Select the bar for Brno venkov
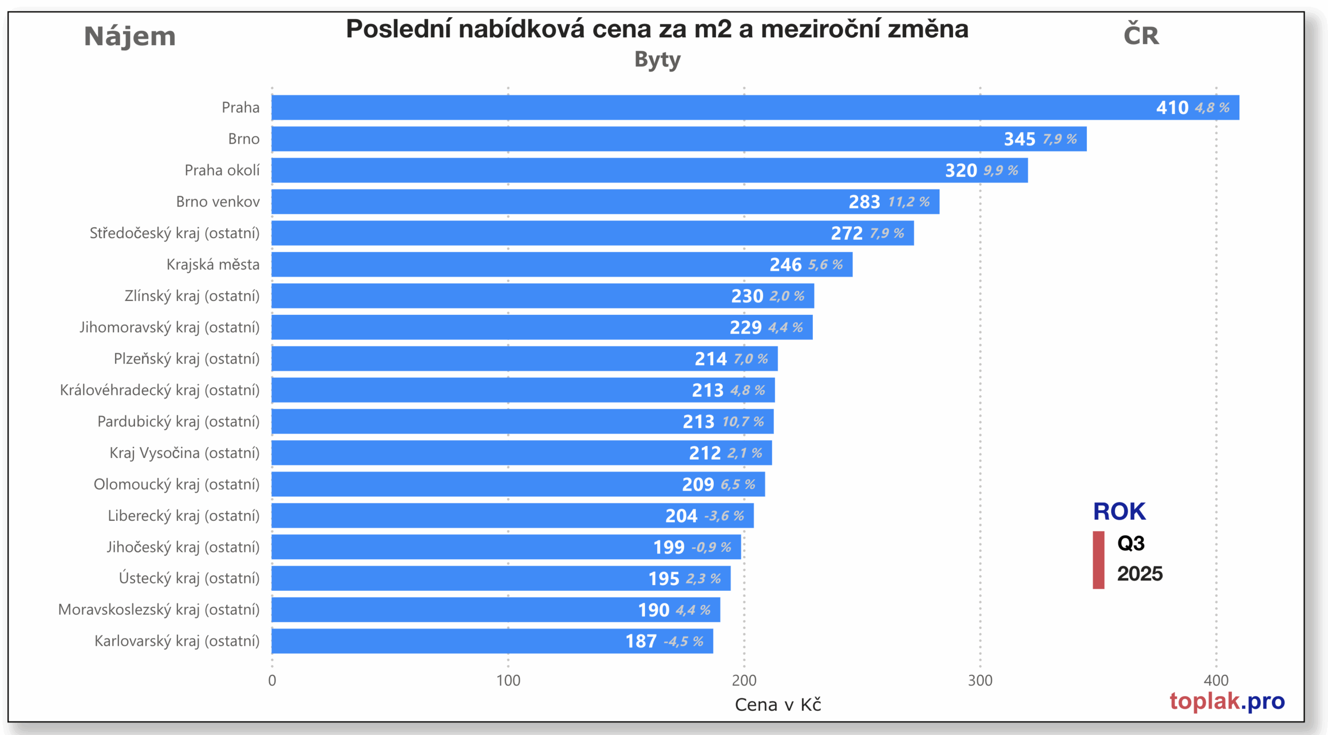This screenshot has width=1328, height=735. pyautogui.click(x=571, y=202)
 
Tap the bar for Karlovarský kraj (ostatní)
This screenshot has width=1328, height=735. pyautogui.click(x=467, y=641)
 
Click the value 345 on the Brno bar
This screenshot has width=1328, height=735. pyautogui.click(x=1019, y=139)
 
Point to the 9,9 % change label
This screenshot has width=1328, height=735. pyautogui.click(x=1001, y=171)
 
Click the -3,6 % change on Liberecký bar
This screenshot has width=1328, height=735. pyautogui.click(x=724, y=516)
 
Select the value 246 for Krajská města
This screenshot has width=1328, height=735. pyautogui.click(x=785, y=265)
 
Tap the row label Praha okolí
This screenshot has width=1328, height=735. pyautogui.click(x=222, y=170)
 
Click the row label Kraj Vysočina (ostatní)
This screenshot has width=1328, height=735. pyautogui.click(x=184, y=453)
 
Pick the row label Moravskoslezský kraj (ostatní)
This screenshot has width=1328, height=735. pyautogui.click(x=159, y=609)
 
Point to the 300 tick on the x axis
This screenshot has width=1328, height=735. pyautogui.click(x=980, y=681)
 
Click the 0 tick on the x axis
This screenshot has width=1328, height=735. pyautogui.click(x=272, y=681)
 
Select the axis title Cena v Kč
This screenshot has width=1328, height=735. pyautogui.click(x=778, y=705)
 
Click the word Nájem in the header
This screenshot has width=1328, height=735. pyautogui.click(x=130, y=36)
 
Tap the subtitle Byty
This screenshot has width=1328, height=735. pyautogui.click(x=657, y=60)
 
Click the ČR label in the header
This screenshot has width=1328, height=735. pyautogui.click(x=1141, y=35)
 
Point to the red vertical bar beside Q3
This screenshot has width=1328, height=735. pyautogui.click(x=1098, y=560)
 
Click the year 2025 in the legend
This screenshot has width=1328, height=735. pyautogui.click(x=1140, y=574)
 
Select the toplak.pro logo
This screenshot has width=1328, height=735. pyautogui.click(x=1227, y=701)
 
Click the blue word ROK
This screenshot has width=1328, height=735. pyautogui.click(x=1119, y=511)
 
